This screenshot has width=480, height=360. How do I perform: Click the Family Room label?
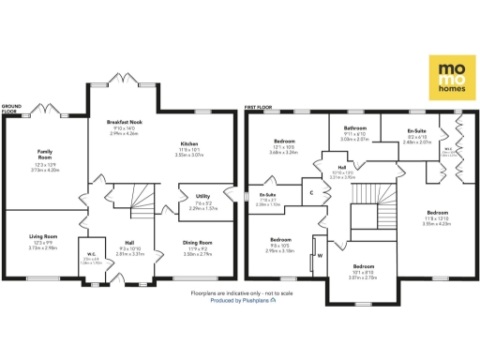pyautogui.click(x=43, y=153)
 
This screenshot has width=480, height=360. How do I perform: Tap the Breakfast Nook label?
pyautogui.click(x=124, y=122)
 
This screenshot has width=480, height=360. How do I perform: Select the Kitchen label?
pyautogui.click(x=188, y=143)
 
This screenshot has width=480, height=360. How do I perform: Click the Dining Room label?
pyautogui.click(x=197, y=242)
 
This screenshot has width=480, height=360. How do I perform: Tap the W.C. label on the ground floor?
pyautogui.click(x=91, y=255)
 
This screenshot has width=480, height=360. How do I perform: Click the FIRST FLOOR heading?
pyautogui.click(x=259, y=107)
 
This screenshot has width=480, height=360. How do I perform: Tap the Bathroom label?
pyautogui.click(x=354, y=127)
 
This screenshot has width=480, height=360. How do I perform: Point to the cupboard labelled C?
pyautogui.click(x=311, y=192)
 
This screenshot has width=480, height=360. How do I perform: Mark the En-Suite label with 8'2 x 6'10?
pyautogui.click(x=416, y=129)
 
